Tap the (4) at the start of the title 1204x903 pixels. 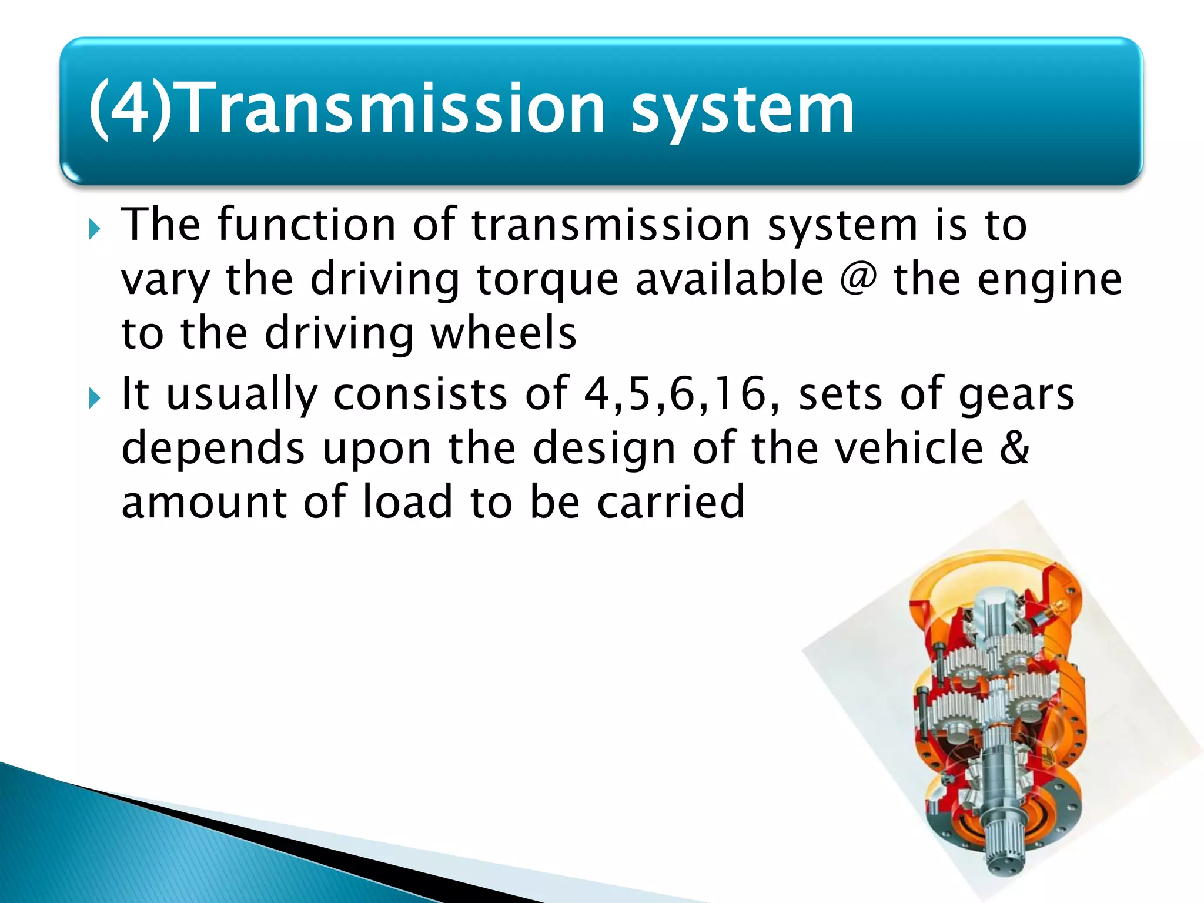(129, 109)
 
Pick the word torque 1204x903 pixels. (547, 281)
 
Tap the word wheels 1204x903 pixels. (503, 333)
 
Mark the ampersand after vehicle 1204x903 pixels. (1015, 448)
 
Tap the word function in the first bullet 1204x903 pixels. (306, 225)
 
